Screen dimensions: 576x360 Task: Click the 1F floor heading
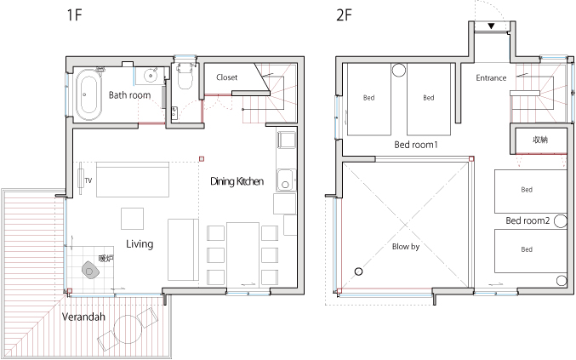click(74, 15)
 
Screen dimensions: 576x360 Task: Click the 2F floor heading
click(345, 15)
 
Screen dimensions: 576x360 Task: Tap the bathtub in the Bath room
click(88, 94)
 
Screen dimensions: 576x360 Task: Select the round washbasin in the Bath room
click(151, 76)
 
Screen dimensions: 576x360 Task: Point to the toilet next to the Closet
click(185, 77)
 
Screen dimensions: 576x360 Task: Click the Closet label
click(226, 77)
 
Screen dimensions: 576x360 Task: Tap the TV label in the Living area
click(88, 180)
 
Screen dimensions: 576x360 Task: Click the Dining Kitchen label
click(237, 181)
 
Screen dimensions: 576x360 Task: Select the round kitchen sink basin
click(285, 185)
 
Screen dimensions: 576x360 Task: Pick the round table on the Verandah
click(127, 329)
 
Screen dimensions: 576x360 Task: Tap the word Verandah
click(83, 317)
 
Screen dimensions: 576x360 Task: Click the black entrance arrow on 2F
click(491, 26)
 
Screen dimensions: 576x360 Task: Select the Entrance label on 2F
click(491, 78)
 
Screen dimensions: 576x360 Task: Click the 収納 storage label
click(540, 140)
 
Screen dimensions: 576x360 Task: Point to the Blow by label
click(406, 247)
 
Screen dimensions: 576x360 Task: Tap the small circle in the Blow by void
click(358, 271)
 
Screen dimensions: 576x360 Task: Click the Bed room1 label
click(416, 145)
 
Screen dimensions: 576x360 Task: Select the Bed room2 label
click(528, 220)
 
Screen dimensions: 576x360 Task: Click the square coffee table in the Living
click(132, 219)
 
